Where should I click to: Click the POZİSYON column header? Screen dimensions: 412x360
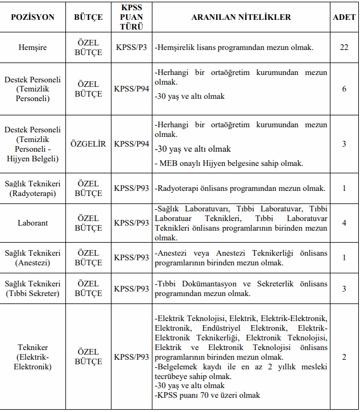coord(32,18)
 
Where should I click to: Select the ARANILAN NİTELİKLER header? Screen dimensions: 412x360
coord(241,18)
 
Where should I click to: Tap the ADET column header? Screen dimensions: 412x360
coord(344,18)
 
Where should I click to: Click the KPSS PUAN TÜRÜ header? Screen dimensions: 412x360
coord(131,18)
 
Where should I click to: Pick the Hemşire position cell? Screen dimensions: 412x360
coord(32,47)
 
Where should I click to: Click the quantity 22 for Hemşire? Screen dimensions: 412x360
coord(344,47)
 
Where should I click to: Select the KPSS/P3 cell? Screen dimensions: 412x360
coord(131,47)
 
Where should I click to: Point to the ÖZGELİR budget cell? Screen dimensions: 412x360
coord(88,144)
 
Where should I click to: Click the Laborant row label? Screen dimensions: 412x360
coord(32,223)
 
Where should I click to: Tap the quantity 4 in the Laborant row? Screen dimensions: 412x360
coord(344,223)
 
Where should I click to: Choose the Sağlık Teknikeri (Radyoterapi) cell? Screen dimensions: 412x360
coord(32,189)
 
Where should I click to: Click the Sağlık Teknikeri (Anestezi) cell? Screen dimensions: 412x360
coord(32,257)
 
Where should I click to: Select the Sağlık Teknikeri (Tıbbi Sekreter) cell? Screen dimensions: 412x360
coord(32,288)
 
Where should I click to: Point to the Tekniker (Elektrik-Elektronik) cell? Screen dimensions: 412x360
coord(32,357)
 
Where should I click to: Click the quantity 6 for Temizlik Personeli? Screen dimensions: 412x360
coord(344,89)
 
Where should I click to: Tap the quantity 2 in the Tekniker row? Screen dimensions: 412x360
coord(344,357)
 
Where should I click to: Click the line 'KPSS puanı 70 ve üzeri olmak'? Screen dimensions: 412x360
coord(208,396)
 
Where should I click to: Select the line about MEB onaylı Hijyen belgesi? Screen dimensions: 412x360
coord(229,163)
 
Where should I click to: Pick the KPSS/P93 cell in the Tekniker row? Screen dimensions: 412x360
coord(131,357)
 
